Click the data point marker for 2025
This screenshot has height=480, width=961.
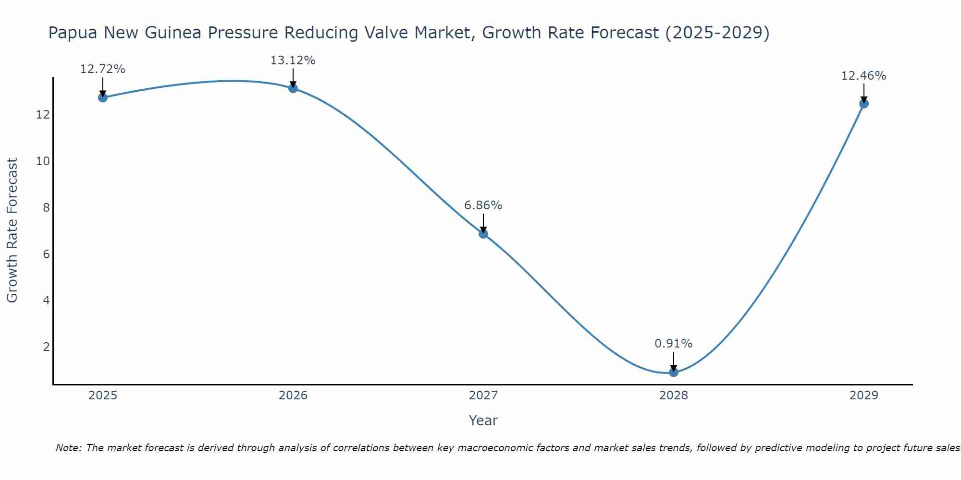click(x=103, y=97)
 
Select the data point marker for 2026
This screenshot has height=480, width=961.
click(x=293, y=88)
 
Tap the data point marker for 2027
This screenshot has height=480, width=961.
click(x=483, y=234)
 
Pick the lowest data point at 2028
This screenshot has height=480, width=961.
click(x=674, y=372)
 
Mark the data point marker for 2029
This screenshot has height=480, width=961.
click(x=864, y=104)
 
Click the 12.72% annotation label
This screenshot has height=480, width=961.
click(x=103, y=69)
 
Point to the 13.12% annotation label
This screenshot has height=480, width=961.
click(x=293, y=60)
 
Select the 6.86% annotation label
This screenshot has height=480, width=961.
click(x=483, y=205)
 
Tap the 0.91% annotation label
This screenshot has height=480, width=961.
click(x=674, y=344)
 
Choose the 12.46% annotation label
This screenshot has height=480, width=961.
click(x=864, y=76)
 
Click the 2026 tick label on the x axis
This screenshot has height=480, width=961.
click(x=293, y=396)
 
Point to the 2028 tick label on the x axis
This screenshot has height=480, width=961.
click(x=674, y=396)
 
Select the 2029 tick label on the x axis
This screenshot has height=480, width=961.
click(x=864, y=396)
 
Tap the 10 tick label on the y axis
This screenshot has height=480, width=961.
click(x=43, y=161)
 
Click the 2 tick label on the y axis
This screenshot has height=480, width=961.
click(x=46, y=347)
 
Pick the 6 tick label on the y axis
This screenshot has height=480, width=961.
click(x=46, y=254)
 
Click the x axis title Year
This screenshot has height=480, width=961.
click(x=483, y=420)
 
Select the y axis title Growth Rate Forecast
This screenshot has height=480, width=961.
click(x=12, y=230)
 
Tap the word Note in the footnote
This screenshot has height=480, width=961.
click(x=69, y=448)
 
